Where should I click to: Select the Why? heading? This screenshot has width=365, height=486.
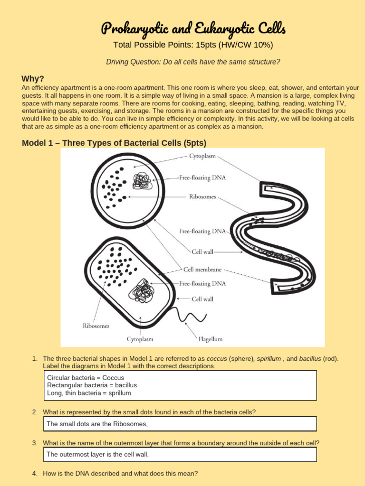point(33,79)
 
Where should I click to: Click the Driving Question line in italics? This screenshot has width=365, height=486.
point(192,62)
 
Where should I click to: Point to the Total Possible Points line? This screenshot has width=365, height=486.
point(193,45)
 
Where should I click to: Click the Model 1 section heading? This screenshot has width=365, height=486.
point(114,143)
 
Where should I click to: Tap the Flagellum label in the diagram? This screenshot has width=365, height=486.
point(210,339)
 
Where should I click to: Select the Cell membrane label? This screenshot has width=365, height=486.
point(202,269)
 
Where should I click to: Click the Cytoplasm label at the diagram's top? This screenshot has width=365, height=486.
point(202,156)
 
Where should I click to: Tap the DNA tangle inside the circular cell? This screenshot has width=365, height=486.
point(142,181)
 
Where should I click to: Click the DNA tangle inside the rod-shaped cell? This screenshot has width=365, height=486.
point(142,290)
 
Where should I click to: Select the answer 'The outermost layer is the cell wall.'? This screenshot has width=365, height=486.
point(98,454)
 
